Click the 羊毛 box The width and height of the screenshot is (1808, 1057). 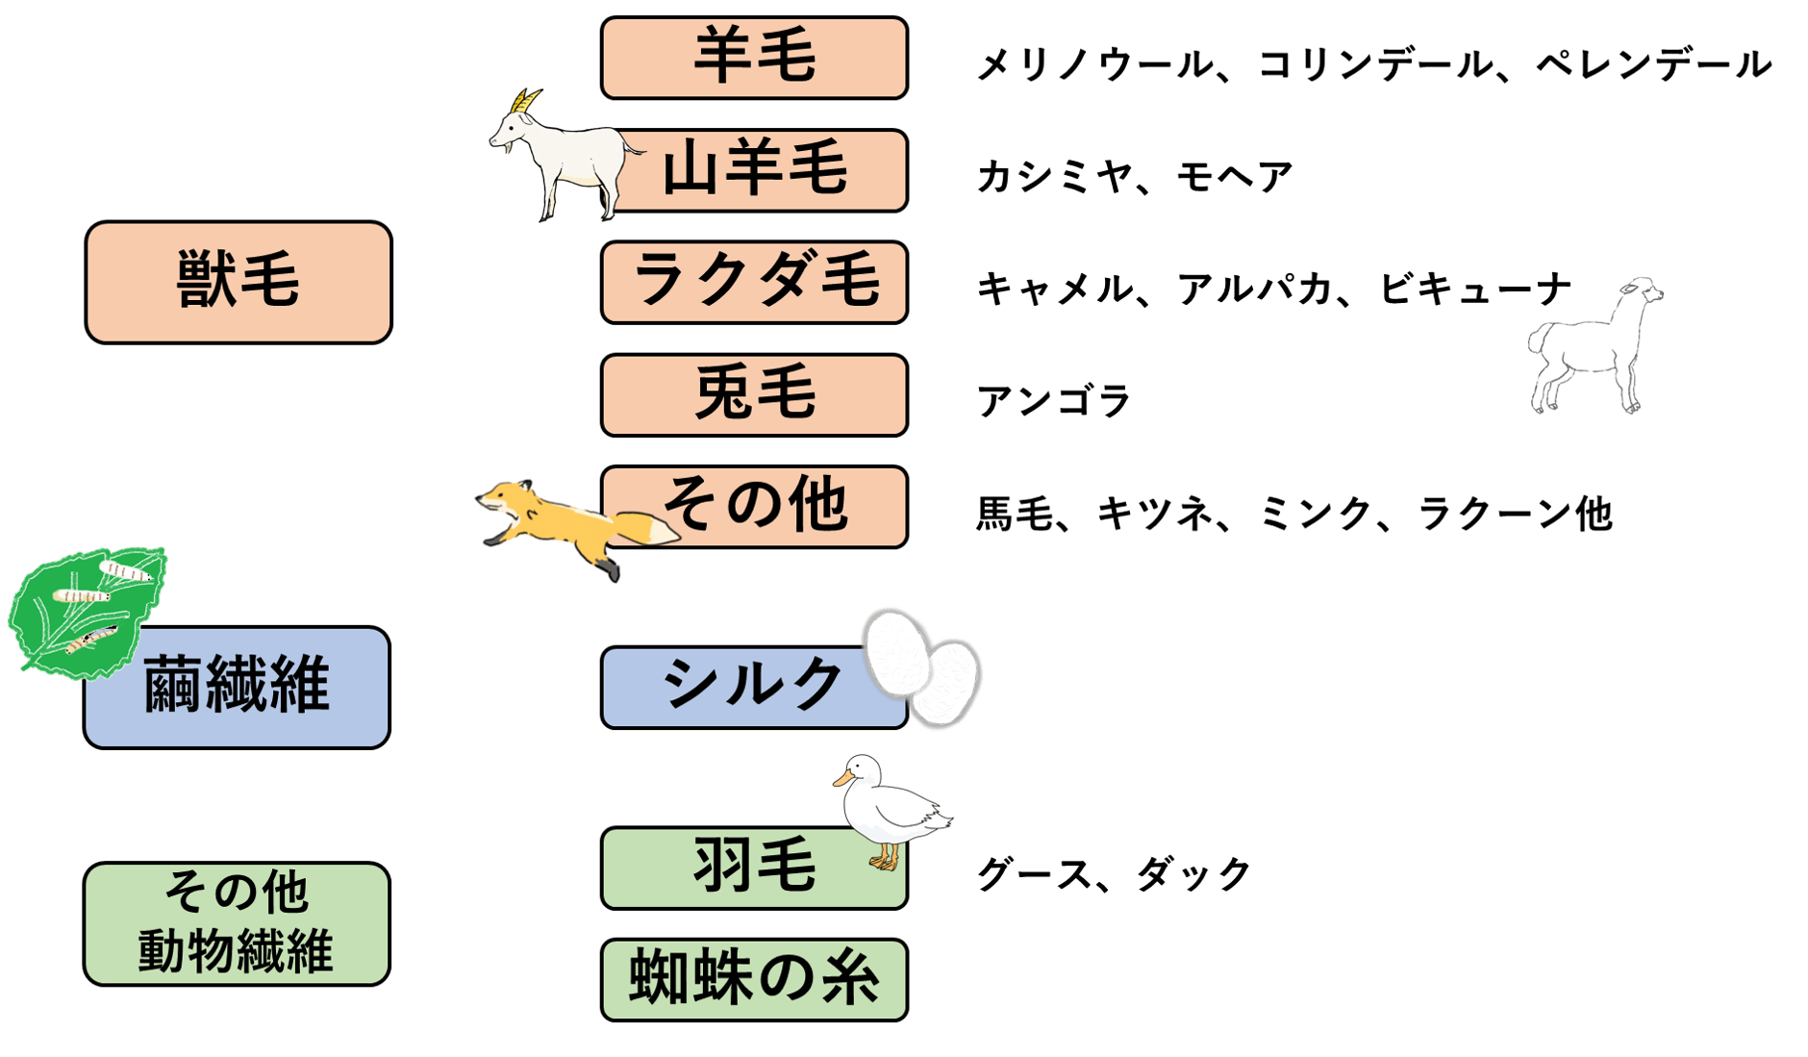754,58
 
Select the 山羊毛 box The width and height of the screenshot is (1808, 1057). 769,170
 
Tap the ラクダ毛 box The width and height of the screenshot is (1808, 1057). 754,283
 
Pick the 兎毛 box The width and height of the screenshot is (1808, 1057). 754,395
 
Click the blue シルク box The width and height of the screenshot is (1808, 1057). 741,687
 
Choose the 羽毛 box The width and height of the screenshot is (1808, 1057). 741,868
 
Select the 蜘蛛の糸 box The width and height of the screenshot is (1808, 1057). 754,979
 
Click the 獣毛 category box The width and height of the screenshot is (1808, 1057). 239,282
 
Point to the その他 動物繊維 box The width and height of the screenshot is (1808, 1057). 237,923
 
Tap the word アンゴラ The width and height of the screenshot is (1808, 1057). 1053,401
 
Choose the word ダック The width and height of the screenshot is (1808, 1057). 1193,874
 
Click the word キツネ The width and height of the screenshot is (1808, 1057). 1155,514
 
